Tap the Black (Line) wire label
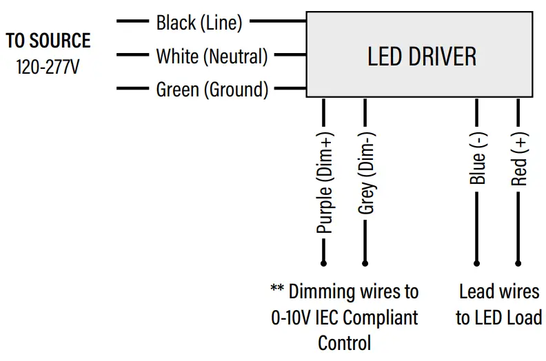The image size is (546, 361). (199, 23)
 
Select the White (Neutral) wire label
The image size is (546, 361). (212, 56)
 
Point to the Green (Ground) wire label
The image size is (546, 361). (212, 89)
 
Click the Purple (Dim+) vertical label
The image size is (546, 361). (324, 182)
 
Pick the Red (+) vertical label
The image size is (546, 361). (519, 160)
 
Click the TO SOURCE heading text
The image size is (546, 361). (48, 41)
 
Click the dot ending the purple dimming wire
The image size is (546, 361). (323, 262)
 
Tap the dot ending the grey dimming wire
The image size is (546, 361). (365, 262)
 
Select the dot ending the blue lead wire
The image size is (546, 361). (477, 262)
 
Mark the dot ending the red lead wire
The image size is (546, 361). (518, 262)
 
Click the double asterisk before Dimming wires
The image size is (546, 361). (277, 290)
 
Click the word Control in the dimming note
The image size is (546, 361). (344, 342)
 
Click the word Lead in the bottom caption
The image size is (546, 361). (476, 291)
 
